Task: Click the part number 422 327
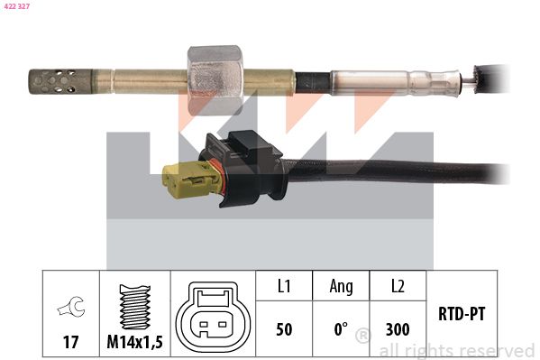tap(17, 5)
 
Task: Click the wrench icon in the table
tap(71, 306)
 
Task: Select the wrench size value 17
tap(70, 342)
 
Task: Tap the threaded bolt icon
tap(135, 306)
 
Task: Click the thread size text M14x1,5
tap(134, 342)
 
